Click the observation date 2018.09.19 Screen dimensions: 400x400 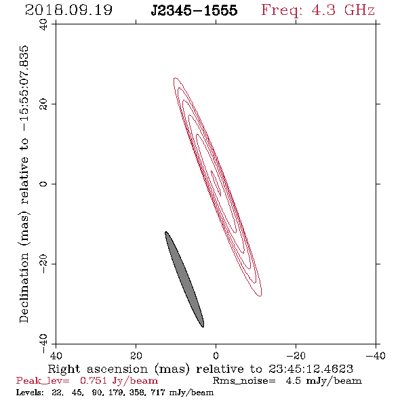tap(68, 10)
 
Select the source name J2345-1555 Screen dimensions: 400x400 tap(194, 10)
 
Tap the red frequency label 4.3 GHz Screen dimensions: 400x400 tap(343, 10)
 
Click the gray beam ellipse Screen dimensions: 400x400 tap(184, 279)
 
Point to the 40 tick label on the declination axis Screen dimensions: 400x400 tap(43, 24)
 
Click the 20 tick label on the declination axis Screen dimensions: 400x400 tap(43, 104)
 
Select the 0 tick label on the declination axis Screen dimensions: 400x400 tap(43, 184)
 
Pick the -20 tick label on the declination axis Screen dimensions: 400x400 tap(43, 264)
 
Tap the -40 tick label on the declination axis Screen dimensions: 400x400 tap(43, 344)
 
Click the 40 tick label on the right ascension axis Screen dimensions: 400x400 tap(56, 355)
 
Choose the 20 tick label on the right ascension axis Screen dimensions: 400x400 tap(136, 355)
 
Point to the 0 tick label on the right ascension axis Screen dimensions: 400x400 tap(216, 355)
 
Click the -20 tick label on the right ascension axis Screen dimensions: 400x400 tap(296, 355)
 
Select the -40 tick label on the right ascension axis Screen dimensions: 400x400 tap(376, 355)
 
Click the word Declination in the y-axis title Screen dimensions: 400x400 tap(24, 287)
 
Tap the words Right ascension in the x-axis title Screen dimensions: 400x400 tap(98, 369)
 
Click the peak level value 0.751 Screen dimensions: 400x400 tap(94, 380)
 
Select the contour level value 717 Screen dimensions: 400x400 tap(158, 392)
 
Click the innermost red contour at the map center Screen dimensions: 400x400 tap(216, 183)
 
